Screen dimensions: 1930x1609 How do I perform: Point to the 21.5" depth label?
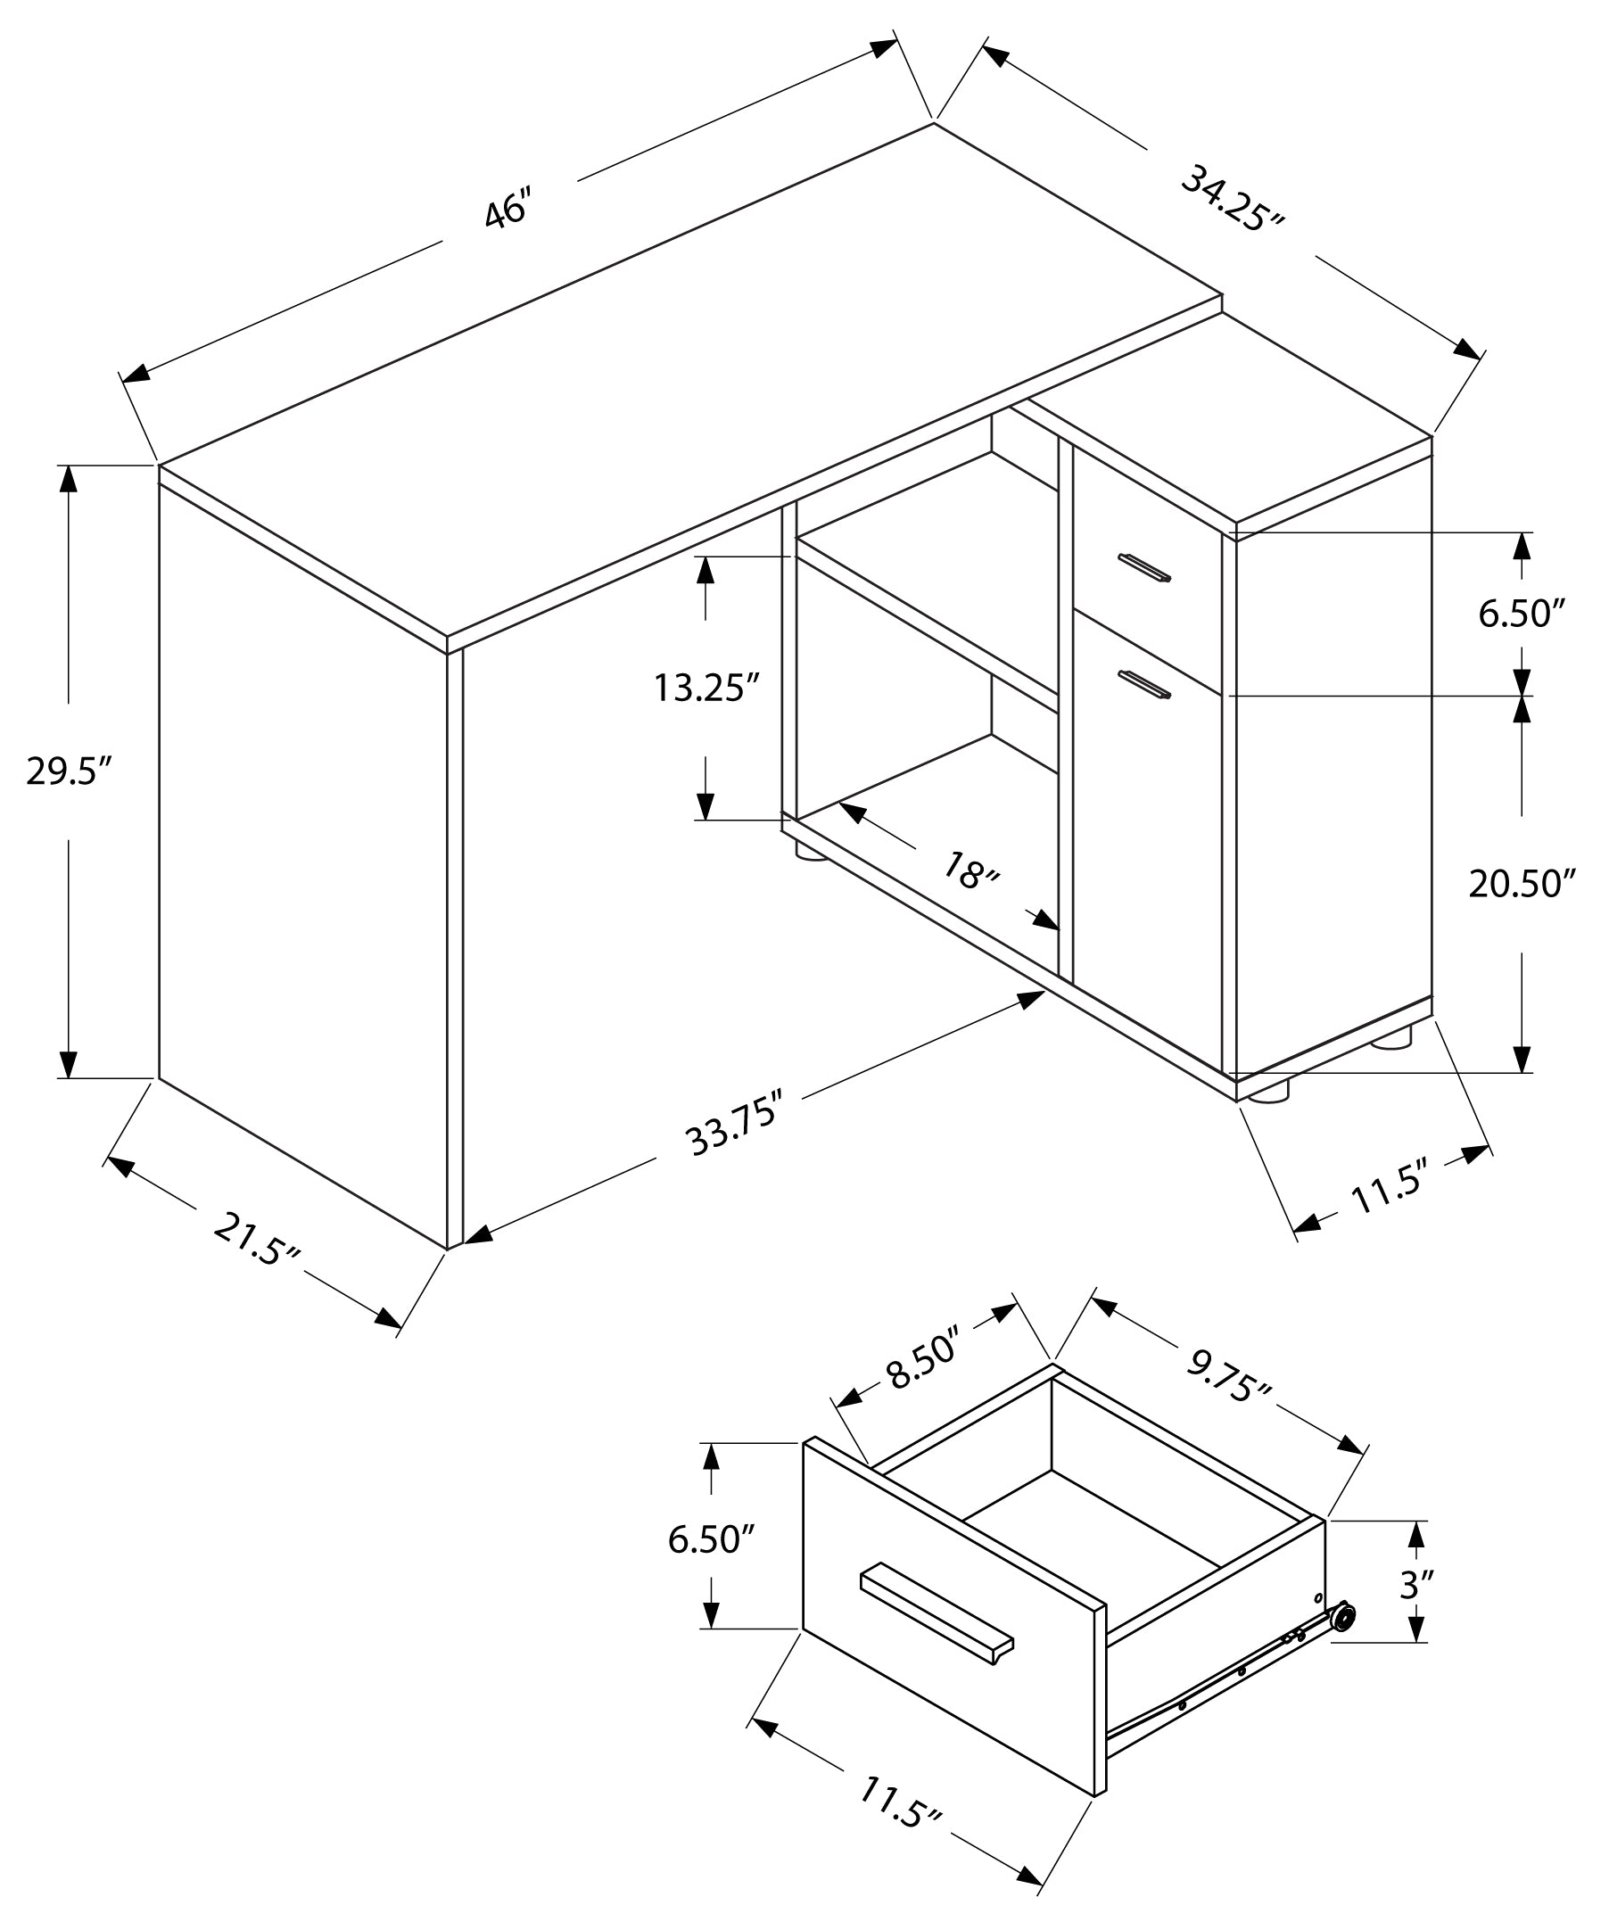tap(256, 1239)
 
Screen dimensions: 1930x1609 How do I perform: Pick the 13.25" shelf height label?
tap(706, 688)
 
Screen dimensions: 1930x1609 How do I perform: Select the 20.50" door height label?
tap(1522, 883)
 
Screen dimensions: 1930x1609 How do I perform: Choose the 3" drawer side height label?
tap(1416, 1585)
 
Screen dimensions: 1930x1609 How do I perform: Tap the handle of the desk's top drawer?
tap(1145, 567)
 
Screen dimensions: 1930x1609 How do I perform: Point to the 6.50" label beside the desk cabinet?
tap(1521, 613)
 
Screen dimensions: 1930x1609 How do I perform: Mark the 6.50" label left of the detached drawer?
tap(710, 1538)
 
